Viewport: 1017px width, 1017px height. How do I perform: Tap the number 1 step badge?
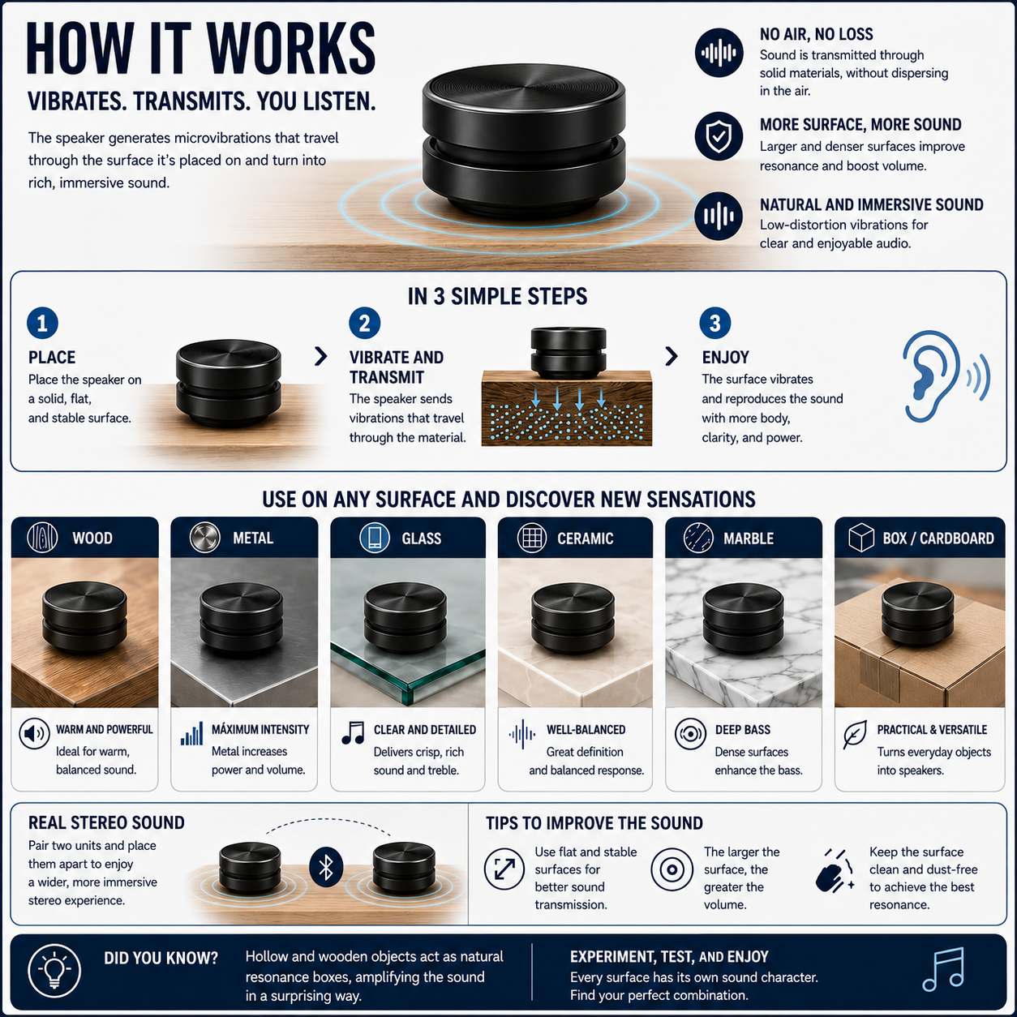(x=42, y=323)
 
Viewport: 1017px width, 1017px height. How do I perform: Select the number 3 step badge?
(x=714, y=323)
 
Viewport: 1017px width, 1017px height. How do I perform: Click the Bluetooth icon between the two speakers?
(x=326, y=867)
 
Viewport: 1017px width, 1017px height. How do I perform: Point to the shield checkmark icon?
(x=719, y=136)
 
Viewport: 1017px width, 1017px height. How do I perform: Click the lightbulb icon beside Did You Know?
(x=54, y=970)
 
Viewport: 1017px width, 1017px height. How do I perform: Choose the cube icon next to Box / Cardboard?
(x=860, y=537)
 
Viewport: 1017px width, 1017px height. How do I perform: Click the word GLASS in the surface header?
(x=421, y=539)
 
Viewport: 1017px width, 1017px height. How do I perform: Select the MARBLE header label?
(x=749, y=539)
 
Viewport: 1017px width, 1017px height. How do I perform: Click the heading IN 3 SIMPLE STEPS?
(x=497, y=297)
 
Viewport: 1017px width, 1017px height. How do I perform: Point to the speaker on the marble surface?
(x=743, y=617)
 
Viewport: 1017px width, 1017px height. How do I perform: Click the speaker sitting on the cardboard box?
(x=918, y=615)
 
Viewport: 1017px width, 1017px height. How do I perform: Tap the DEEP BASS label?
(x=743, y=729)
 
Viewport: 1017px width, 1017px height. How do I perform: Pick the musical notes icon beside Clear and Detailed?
(x=353, y=732)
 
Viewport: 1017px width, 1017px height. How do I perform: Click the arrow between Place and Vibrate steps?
(x=320, y=356)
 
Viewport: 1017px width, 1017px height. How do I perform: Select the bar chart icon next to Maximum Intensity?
(x=191, y=734)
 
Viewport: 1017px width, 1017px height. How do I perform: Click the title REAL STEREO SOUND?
(x=106, y=822)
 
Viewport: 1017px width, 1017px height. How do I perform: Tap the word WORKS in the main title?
(x=291, y=48)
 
